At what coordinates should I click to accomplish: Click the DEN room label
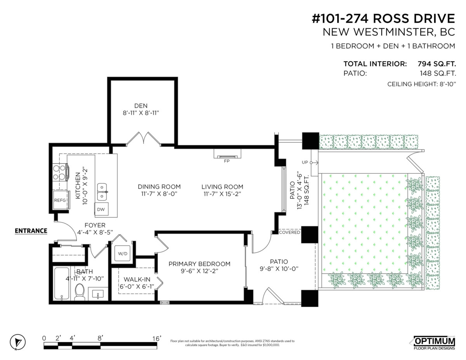tap(141, 106)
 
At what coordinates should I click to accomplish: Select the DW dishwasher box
tap(101, 209)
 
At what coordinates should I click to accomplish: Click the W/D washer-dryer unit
tap(123, 254)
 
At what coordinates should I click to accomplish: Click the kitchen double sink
tap(102, 192)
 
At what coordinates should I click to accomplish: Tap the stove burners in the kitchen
tap(59, 172)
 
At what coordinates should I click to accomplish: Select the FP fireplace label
tap(227, 161)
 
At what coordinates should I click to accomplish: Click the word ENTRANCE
tap(31, 231)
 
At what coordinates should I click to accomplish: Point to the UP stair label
tap(305, 162)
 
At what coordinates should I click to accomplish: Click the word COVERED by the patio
tap(290, 232)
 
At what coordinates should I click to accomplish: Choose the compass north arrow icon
tap(17, 342)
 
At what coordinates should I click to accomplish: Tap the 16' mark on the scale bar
tap(157, 338)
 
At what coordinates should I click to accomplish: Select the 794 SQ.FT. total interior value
tap(437, 64)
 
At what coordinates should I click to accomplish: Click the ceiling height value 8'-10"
tap(448, 84)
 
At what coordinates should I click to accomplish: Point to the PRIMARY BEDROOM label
tap(200, 264)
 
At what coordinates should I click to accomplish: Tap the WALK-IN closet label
tap(137, 279)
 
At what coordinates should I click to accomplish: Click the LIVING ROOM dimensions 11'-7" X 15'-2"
tap(223, 194)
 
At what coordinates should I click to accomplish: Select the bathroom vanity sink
tap(98, 294)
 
